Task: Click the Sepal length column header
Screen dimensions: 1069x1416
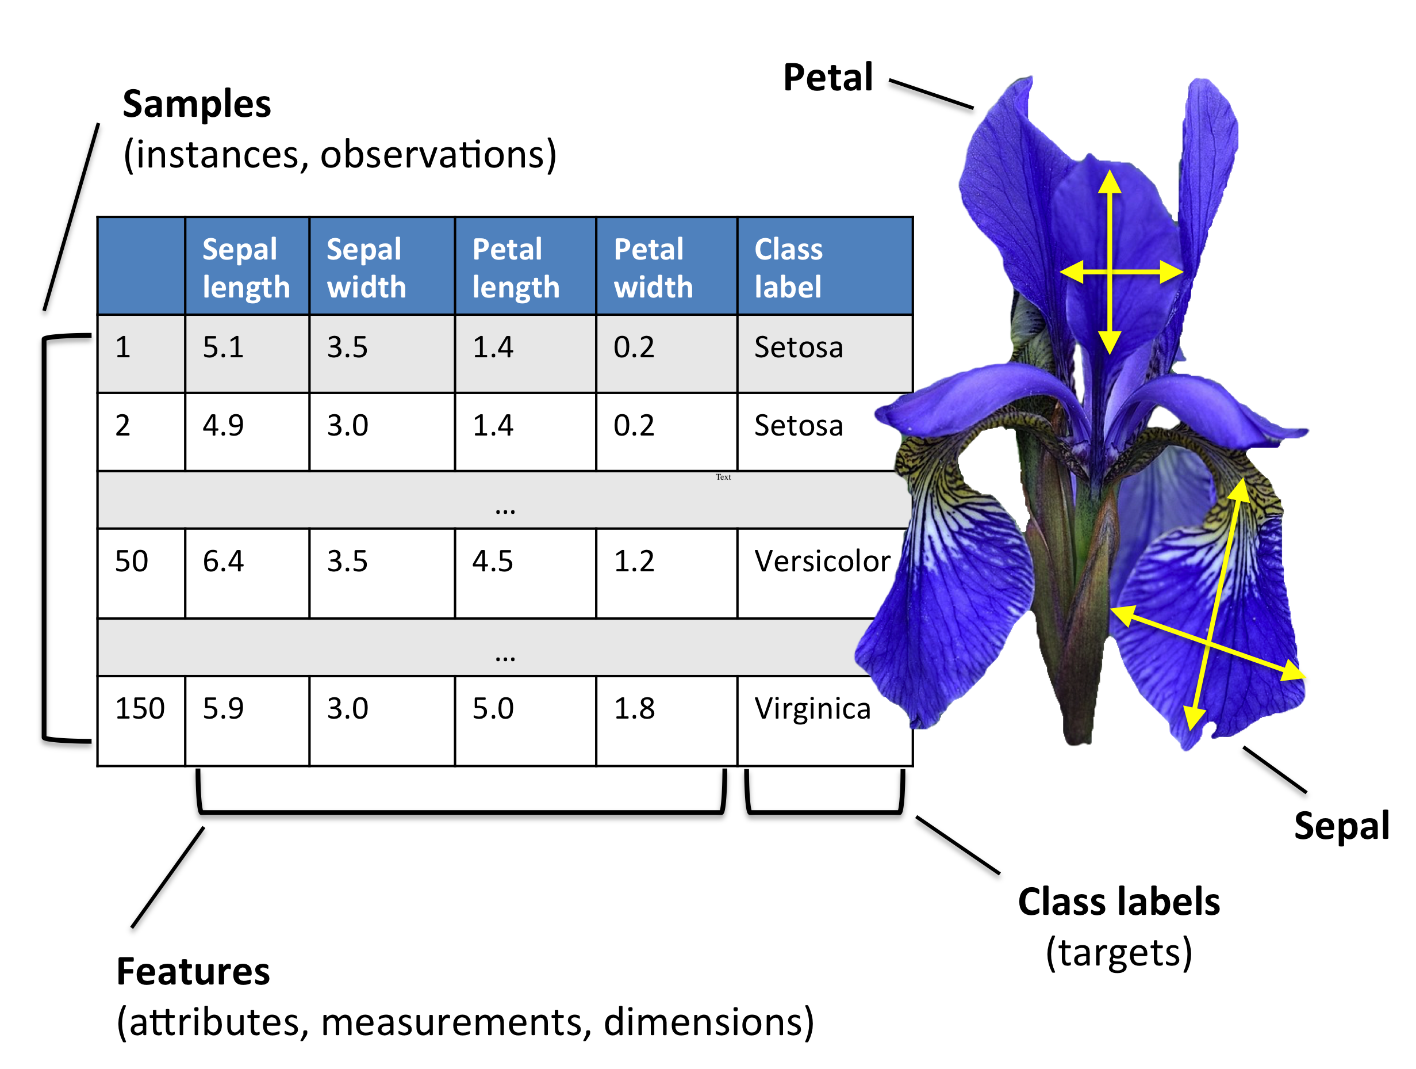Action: tap(246, 268)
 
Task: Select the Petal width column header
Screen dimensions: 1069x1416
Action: tap(653, 268)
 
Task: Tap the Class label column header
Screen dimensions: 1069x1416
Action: tap(788, 268)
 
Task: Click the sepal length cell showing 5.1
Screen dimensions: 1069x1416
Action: tap(222, 347)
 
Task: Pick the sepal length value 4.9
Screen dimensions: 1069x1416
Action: tap(222, 425)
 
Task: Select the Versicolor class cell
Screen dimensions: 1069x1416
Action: tap(822, 561)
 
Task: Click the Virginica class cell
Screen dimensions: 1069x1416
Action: tap(812, 708)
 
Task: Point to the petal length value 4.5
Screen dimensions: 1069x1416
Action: tap(492, 561)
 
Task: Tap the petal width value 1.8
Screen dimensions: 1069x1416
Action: tap(634, 708)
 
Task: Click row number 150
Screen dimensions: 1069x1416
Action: tap(140, 708)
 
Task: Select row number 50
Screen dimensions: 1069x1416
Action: tap(131, 561)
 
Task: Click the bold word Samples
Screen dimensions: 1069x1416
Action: tap(197, 104)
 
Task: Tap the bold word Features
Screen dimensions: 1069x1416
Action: tap(193, 972)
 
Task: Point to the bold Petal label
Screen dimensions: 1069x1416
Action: tap(828, 78)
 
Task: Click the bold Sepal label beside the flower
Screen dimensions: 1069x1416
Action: tap(1341, 826)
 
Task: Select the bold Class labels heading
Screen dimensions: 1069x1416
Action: tap(1118, 902)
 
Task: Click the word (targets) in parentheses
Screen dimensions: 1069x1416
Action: tap(1118, 952)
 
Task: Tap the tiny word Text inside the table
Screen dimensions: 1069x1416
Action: tap(723, 477)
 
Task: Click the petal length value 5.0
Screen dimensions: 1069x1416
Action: tap(492, 708)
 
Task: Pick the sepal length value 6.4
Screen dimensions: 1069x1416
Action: tap(222, 561)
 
